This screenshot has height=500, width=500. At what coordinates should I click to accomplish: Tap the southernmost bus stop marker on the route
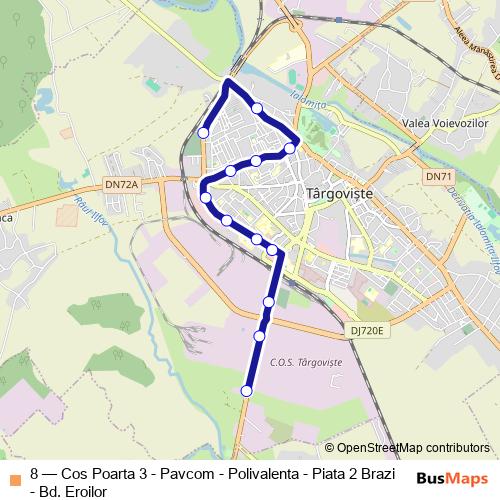pyautogui.click(x=247, y=390)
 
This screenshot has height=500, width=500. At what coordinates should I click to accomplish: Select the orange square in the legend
pyautogui.click(x=13, y=474)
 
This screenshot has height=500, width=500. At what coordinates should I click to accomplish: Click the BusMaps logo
pyautogui.click(x=452, y=479)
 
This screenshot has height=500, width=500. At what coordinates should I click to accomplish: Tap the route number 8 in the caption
pyautogui.click(x=35, y=473)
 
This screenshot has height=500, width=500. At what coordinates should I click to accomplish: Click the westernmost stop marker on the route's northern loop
pyautogui.click(x=203, y=132)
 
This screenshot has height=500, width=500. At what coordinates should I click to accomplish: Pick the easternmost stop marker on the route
pyautogui.click(x=290, y=148)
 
